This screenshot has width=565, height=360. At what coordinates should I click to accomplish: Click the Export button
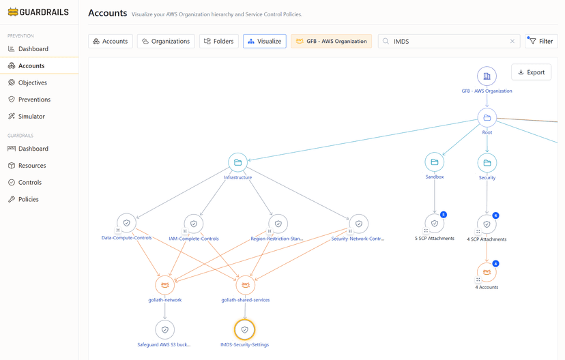click(531, 72)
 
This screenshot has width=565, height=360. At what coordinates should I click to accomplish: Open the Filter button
click(541, 41)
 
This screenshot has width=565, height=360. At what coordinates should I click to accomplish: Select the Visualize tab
click(265, 41)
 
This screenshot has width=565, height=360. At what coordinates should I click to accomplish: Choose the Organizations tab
click(166, 41)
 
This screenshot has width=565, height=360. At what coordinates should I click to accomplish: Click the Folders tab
click(219, 41)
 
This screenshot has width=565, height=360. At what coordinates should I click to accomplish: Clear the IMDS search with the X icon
click(512, 41)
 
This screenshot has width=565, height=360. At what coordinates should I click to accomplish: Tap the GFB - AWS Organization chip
click(331, 41)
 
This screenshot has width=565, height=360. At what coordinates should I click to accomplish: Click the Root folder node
click(487, 118)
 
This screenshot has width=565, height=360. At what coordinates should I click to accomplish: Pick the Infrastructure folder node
click(238, 162)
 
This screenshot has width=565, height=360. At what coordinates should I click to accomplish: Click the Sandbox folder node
click(435, 162)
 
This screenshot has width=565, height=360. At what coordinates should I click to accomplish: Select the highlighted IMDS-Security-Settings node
click(245, 329)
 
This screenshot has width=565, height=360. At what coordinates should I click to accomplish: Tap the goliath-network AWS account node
click(165, 285)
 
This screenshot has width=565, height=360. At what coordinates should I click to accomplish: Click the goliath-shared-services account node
click(246, 285)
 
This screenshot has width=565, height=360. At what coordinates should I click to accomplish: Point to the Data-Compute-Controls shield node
click(126, 223)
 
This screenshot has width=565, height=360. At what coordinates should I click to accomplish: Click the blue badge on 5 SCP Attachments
click(444, 215)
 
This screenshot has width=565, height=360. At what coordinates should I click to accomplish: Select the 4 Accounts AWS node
click(487, 272)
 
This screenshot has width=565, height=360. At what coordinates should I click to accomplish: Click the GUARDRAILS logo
click(38, 12)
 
